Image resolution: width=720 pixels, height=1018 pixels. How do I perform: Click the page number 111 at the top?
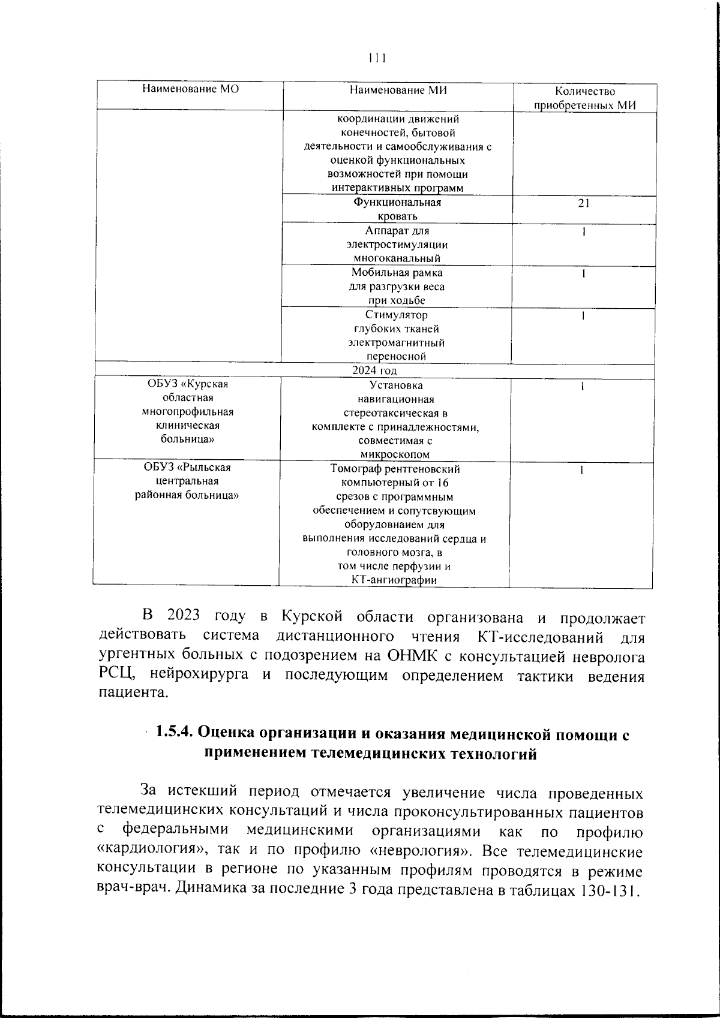(x=377, y=58)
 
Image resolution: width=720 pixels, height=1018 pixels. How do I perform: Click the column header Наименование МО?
(x=190, y=89)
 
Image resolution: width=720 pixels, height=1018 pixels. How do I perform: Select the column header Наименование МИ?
(x=398, y=90)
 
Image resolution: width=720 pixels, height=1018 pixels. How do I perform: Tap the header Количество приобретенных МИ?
(x=585, y=98)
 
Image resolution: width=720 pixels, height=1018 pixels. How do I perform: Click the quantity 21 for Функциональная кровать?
(x=584, y=203)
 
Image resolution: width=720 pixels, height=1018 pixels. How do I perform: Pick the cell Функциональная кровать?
(x=397, y=209)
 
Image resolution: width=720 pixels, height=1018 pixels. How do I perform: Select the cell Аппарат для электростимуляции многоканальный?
(x=397, y=245)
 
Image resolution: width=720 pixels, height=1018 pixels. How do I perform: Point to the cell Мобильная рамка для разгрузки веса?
(x=397, y=287)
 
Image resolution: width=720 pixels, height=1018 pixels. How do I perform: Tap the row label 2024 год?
(x=374, y=371)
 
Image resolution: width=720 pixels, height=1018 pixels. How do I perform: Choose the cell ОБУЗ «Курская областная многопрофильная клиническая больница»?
(x=188, y=412)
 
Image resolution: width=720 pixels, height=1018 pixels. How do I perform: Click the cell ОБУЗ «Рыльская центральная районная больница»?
(x=188, y=481)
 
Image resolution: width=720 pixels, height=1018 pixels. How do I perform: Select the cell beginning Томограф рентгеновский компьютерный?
(x=394, y=524)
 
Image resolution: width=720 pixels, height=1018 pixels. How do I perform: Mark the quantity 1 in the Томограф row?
(x=581, y=470)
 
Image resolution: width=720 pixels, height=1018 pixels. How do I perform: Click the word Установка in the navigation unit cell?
(x=396, y=385)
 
